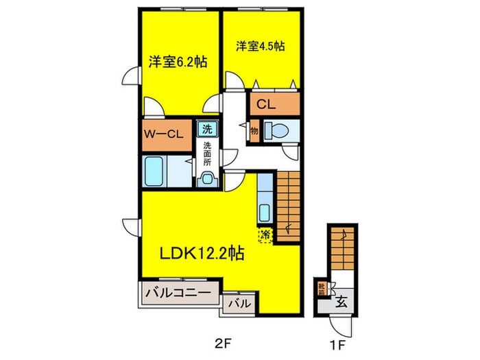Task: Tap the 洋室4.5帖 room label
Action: point(261,46)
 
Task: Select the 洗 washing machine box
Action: point(206,128)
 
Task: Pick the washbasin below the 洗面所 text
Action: point(206,180)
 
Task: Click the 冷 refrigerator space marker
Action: point(265,235)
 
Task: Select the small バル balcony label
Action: point(238,302)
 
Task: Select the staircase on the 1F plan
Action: point(342,246)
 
